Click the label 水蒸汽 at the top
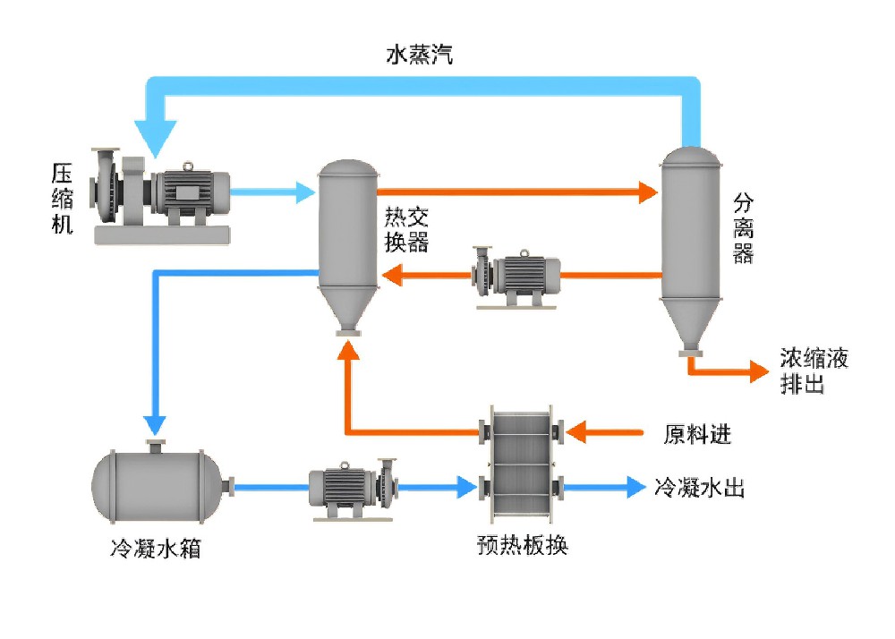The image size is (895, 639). [x=420, y=55]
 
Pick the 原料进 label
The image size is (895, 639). [x=697, y=434]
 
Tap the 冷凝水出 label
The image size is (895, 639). [x=700, y=488]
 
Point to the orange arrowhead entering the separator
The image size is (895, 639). [x=646, y=192]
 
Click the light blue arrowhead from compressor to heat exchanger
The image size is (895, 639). [x=304, y=192]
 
